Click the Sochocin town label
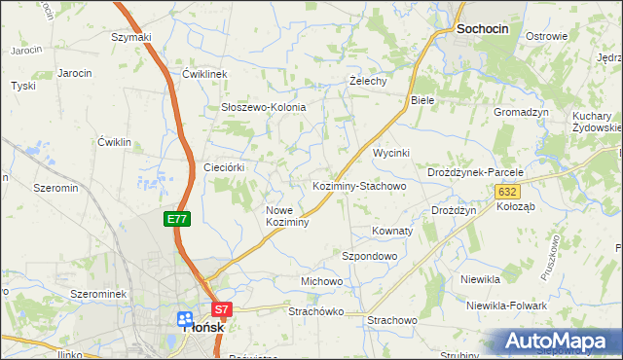[x=482, y=30]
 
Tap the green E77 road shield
[x=176, y=220]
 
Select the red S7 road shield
[x=222, y=310]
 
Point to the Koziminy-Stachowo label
[x=358, y=185]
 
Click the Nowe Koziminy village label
[x=287, y=216]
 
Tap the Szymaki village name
[x=131, y=37]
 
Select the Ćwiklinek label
[x=203, y=74]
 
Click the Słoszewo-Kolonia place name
[x=264, y=107]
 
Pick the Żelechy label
[x=368, y=81]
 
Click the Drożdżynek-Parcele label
[x=476, y=172]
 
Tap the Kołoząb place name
[x=515, y=206]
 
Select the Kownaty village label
[x=392, y=232]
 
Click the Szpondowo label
[x=370, y=256]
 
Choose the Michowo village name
[x=321, y=281]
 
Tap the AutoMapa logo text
[x=562, y=342]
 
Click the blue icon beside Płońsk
[x=185, y=320]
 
